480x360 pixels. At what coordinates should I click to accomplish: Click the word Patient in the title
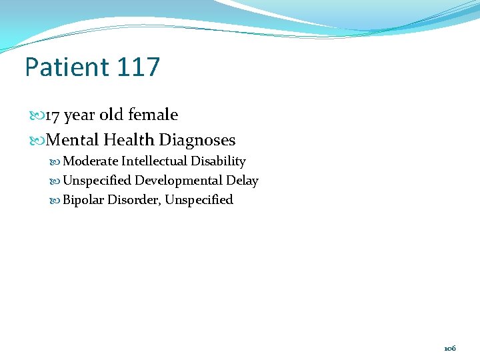pyautogui.click(x=66, y=67)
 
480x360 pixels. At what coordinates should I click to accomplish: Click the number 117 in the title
pyautogui.click(x=138, y=67)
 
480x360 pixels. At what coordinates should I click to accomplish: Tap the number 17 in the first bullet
pyautogui.click(x=53, y=115)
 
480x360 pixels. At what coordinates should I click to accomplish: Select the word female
pyautogui.click(x=153, y=115)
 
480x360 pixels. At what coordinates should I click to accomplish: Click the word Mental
pyautogui.click(x=72, y=140)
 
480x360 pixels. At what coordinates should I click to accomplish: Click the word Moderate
pyautogui.click(x=90, y=161)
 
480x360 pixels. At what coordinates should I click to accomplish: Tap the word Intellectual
pyautogui.click(x=154, y=161)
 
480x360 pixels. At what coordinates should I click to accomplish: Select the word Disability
pyautogui.click(x=218, y=161)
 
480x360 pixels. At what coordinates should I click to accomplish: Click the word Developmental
pyautogui.click(x=179, y=181)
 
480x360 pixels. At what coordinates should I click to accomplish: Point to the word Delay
pyautogui.click(x=242, y=181)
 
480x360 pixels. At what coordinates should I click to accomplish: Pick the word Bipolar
pyautogui.click(x=83, y=200)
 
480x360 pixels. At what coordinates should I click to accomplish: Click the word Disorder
pyautogui.click(x=134, y=200)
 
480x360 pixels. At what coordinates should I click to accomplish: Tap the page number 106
pyautogui.click(x=450, y=349)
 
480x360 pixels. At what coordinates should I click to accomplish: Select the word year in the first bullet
pyautogui.click(x=80, y=116)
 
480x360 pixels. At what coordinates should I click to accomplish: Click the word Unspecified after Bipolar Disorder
pyautogui.click(x=199, y=200)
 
